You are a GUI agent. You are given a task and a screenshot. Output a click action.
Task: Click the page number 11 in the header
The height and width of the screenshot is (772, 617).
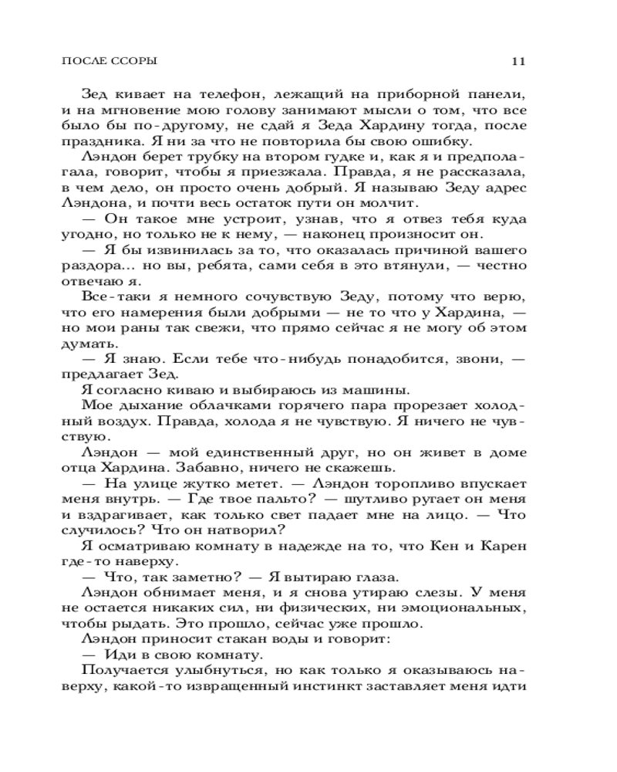click(518, 61)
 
